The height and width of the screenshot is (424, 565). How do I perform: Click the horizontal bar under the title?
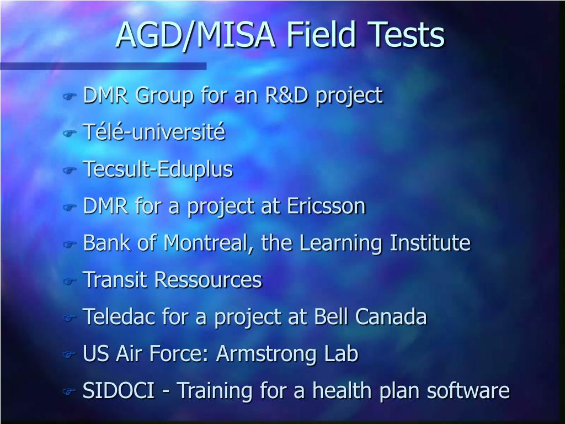(x=103, y=66)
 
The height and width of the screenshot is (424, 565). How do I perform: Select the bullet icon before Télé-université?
(x=68, y=133)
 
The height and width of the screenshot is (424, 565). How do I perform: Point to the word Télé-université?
(x=154, y=132)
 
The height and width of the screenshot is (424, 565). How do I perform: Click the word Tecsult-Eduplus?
(x=158, y=169)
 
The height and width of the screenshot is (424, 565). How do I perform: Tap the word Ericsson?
(x=326, y=206)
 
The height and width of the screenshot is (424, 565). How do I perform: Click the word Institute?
(x=430, y=243)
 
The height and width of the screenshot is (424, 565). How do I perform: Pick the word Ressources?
(x=207, y=280)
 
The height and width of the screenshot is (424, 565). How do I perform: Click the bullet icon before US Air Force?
(x=68, y=354)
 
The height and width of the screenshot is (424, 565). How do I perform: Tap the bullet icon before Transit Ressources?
(x=68, y=280)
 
